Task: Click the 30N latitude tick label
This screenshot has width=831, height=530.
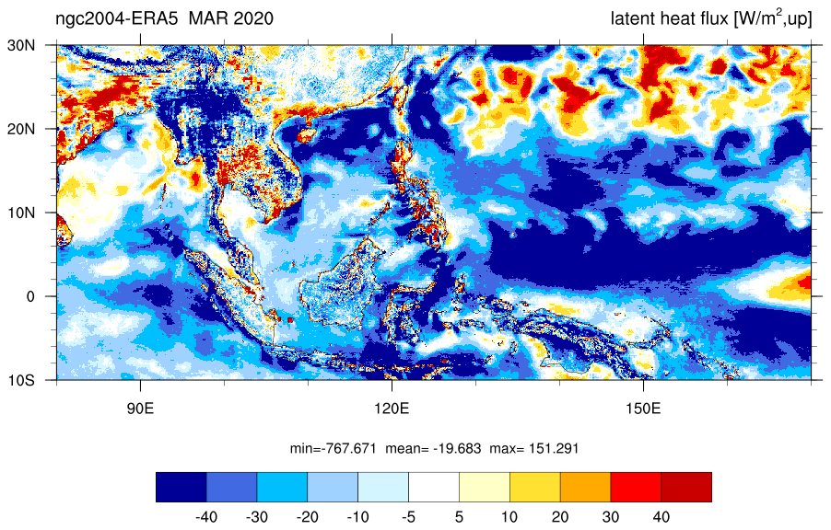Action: [21, 45]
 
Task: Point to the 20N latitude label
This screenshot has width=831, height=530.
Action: [21, 129]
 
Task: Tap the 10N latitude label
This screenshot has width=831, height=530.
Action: [21, 213]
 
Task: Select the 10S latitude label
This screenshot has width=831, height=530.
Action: [21, 380]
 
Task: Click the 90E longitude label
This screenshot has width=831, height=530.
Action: [140, 409]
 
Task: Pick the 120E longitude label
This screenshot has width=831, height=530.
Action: [392, 409]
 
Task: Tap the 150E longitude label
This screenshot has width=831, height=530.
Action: [643, 409]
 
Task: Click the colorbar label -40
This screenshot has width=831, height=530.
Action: [206, 517]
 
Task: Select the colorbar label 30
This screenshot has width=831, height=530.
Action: [611, 517]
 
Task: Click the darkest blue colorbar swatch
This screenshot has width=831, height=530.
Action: [181, 487]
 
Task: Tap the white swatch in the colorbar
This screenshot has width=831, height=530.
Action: [434, 487]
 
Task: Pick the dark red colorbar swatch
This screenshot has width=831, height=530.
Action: [686, 487]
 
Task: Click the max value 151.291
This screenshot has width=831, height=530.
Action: [556, 449]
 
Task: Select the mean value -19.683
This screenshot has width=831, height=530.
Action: [457, 449]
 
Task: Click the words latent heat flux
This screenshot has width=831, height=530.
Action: [670, 18]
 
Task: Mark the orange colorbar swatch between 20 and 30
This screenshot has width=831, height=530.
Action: [586, 487]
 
